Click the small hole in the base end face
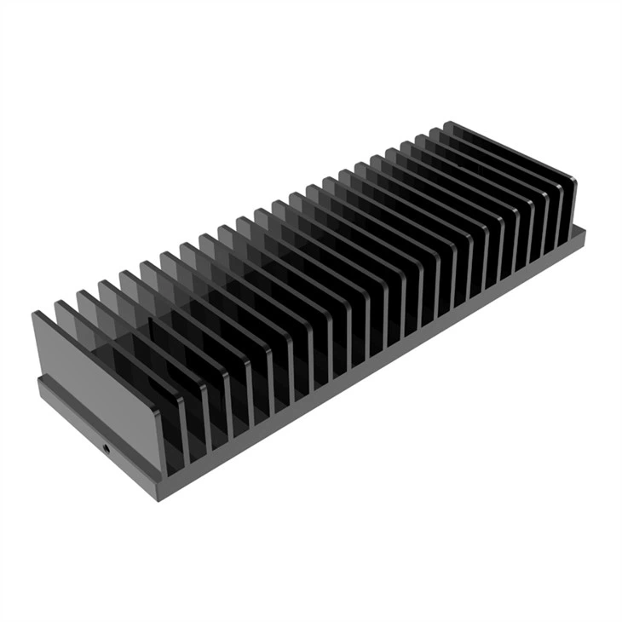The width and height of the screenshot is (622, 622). click(x=106, y=446)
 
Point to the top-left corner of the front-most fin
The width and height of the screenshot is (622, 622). click(x=35, y=314)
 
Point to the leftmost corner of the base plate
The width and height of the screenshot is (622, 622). click(x=38, y=382)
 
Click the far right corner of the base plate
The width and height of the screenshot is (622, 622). click(x=585, y=230)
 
